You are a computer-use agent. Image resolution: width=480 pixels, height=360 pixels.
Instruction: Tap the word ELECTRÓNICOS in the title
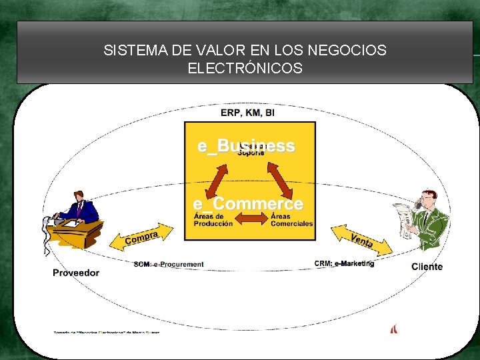coord(245,69)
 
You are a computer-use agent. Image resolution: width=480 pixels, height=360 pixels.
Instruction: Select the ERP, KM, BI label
coord(247,113)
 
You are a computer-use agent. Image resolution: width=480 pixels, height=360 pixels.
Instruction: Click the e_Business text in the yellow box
coord(246,146)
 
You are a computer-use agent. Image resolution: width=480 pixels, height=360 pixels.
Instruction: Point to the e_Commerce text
coord(248,203)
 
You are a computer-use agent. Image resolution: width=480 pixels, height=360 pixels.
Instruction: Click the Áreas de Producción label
coord(213,220)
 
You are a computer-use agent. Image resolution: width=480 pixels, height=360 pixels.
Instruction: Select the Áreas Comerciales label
coord(291,220)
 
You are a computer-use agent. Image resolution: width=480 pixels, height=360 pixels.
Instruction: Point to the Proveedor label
coord(76,273)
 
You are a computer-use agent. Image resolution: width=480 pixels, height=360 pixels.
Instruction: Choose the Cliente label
coord(427,267)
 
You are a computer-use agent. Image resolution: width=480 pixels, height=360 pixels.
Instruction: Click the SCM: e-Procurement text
coord(169,265)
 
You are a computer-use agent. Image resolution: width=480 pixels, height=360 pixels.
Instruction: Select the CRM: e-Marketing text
coord(344,264)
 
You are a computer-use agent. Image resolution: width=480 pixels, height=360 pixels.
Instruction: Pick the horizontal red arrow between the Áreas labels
coord(251,218)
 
